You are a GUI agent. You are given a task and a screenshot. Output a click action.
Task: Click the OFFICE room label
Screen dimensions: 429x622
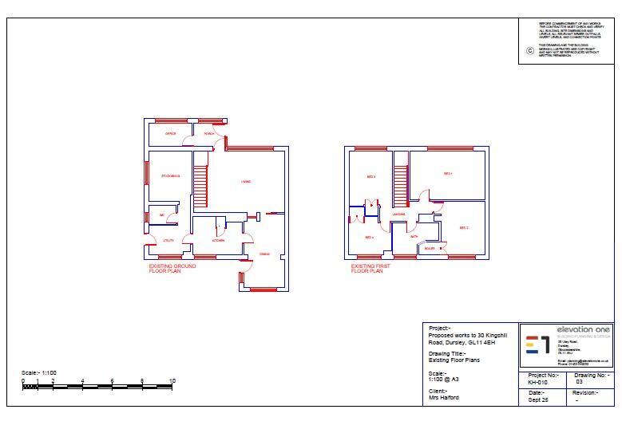(170, 134)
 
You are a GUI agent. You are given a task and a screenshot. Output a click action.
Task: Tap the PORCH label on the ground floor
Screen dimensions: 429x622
(208, 134)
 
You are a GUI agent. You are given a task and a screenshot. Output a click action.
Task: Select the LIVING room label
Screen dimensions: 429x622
(246, 182)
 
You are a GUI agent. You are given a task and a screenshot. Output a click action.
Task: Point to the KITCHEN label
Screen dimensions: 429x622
(218, 240)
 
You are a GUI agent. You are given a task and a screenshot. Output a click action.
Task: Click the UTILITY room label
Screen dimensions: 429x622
(168, 240)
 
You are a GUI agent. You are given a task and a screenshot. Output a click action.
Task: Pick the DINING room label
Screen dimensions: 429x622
(264, 254)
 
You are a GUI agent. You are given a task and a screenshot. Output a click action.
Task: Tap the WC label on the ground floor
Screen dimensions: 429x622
(162, 215)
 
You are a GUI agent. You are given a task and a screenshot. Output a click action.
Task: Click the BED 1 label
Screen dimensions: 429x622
(448, 174)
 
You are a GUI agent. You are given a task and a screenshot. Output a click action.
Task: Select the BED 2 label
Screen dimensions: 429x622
(463, 228)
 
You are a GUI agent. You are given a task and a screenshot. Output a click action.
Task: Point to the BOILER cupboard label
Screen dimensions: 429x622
(430, 248)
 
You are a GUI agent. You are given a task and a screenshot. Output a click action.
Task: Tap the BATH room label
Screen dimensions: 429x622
(414, 237)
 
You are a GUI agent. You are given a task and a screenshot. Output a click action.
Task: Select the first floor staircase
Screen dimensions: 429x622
(400, 182)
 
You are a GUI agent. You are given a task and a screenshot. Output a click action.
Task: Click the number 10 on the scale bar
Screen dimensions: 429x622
(172, 380)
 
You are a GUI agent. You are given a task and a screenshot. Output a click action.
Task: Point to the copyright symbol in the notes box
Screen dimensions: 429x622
(529, 51)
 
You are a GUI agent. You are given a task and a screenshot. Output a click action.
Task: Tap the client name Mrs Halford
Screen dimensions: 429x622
(444, 397)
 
